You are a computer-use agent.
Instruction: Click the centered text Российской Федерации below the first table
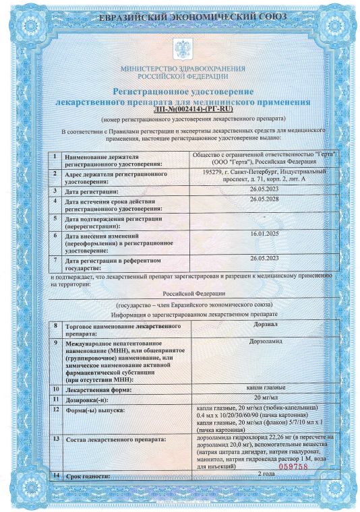click(x=183, y=294)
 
